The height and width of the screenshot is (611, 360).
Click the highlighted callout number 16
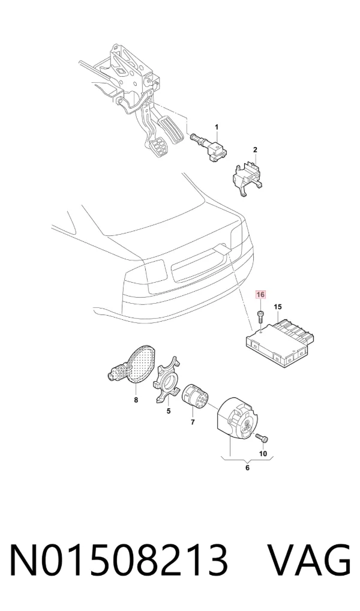coord(260,295)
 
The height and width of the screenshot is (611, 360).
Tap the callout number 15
coord(277,307)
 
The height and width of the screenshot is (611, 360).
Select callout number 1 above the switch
coord(217,127)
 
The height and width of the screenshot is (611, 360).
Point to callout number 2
coord(255,149)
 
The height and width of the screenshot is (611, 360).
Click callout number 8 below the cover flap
coord(136,399)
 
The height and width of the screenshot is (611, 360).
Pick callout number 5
coord(169,411)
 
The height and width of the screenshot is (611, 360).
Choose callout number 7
coord(193,422)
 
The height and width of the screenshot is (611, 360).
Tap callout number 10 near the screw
coord(263,453)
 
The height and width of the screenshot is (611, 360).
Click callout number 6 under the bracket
coord(247,468)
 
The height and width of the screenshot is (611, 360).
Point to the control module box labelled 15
coord(284,341)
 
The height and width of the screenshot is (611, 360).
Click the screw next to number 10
coord(263,439)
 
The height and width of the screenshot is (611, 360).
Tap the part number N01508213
coord(118,561)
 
